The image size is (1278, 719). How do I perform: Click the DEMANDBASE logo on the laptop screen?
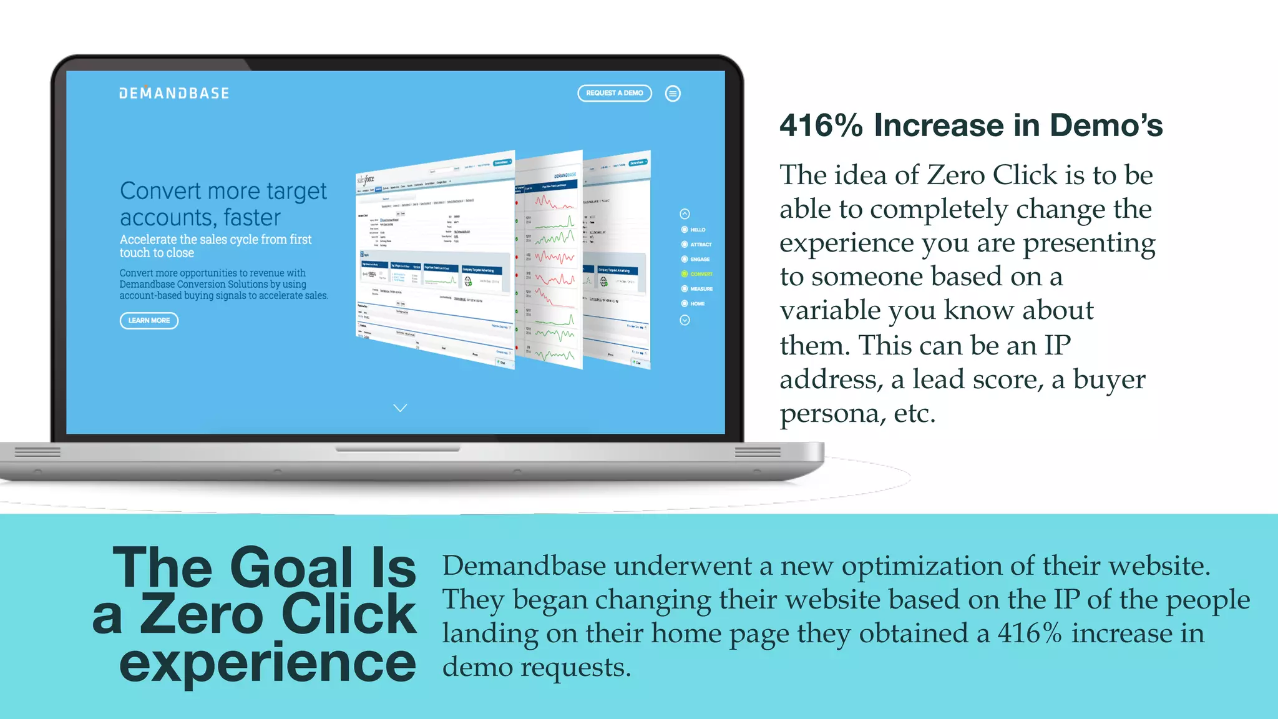click(x=174, y=94)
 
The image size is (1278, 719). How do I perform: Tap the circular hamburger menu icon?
click(x=673, y=94)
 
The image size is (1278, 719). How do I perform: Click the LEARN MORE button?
click(x=149, y=321)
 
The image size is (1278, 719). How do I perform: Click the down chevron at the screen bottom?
click(x=400, y=408)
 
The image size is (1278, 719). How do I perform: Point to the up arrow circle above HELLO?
click(x=685, y=214)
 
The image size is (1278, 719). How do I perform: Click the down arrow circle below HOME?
click(x=685, y=320)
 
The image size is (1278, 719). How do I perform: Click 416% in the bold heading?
click(x=821, y=125)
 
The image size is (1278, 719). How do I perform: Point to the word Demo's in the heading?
click(x=1106, y=125)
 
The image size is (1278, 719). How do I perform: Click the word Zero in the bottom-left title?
click(x=201, y=615)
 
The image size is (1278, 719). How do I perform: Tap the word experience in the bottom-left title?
click(x=267, y=664)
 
